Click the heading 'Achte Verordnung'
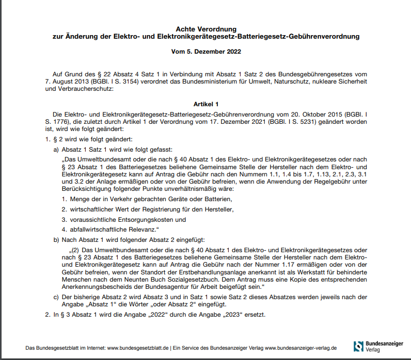pyautogui.click(x=206, y=29)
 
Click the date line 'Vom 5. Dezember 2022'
pyautogui.click(x=206, y=52)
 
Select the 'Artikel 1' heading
pyautogui.click(x=206, y=104)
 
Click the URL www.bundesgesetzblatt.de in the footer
pyautogui.click(x=138, y=348)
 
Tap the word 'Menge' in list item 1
pyautogui.click(x=77, y=199)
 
